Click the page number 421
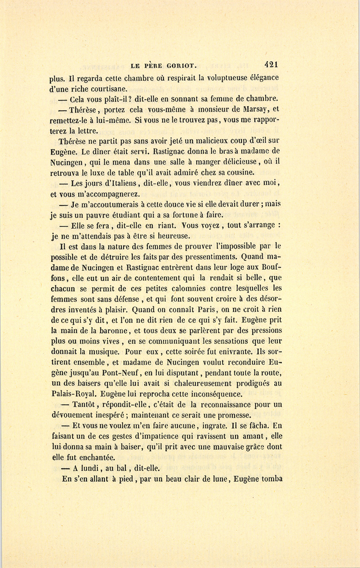(x=271, y=65)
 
